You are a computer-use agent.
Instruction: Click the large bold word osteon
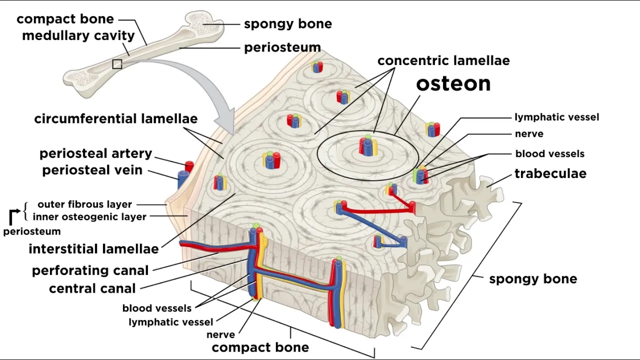point(453,84)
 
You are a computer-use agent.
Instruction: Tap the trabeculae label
point(550,174)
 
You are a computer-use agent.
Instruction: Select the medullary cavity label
point(78,36)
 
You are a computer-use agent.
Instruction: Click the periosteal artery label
point(95,153)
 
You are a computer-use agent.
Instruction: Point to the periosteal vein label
point(92,170)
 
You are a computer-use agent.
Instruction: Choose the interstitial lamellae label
point(93,248)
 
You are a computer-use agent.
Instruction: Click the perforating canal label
point(90,270)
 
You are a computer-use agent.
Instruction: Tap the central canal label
point(92,288)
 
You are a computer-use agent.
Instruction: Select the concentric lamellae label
point(443,61)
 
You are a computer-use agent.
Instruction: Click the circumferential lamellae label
point(116,119)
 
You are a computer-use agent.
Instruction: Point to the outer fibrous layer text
point(84,204)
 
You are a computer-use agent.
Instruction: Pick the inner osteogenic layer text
point(89,217)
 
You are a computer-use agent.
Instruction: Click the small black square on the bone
point(117,64)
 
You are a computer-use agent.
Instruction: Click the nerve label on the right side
point(529,134)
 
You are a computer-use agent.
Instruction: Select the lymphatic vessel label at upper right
point(556,117)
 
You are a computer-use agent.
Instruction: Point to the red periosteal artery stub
point(189,166)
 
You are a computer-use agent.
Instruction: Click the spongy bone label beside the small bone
point(287,24)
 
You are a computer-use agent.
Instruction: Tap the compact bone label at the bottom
point(260,347)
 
